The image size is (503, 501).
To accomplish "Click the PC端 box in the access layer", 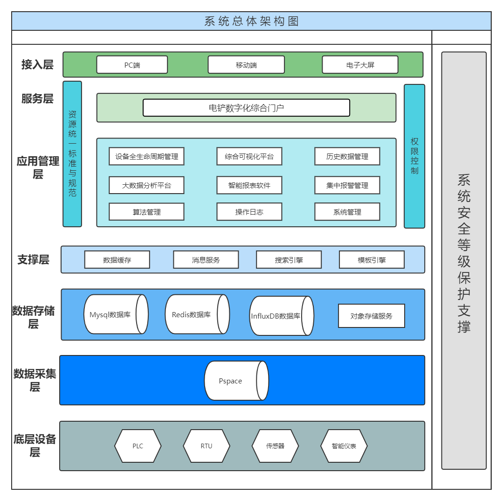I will pyautogui.click(x=132, y=65).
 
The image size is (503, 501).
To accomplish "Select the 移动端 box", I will pyautogui.click(x=246, y=65).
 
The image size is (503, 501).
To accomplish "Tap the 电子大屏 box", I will pyautogui.click(x=360, y=65).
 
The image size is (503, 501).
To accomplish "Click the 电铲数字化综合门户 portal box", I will pyautogui.click(x=246, y=108).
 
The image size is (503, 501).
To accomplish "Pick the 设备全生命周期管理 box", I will pyautogui.click(x=146, y=156).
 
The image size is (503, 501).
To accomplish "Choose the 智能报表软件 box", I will pyautogui.click(x=249, y=185).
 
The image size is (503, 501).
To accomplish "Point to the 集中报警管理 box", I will pyautogui.click(x=347, y=185).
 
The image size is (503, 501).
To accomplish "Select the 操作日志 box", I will pyautogui.click(x=249, y=212).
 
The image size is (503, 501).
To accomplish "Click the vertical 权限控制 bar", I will pyautogui.click(x=414, y=156).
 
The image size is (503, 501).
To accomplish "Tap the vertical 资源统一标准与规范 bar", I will pyautogui.click(x=72, y=154).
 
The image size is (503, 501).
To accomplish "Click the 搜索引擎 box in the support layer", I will pyautogui.click(x=289, y=260).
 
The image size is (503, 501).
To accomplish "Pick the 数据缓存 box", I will pyautogui.click(x=117, y=260).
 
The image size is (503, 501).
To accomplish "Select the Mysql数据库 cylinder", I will pyautogui.click(x=116, y=314).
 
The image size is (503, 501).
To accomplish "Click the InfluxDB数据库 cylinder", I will pyautogui.click(x=282, y=316).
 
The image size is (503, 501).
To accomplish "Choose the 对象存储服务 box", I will pyautogui.click(x=371, y=316).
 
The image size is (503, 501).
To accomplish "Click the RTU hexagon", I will pyautogui.click(x=206, y=446).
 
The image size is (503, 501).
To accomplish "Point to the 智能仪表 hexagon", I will pyautogui.click(x=344, y=446).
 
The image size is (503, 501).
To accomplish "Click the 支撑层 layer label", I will pyautogui.click(x=33, y=259).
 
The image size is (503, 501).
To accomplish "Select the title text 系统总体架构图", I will pyautogui.click(x=251, y=21).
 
